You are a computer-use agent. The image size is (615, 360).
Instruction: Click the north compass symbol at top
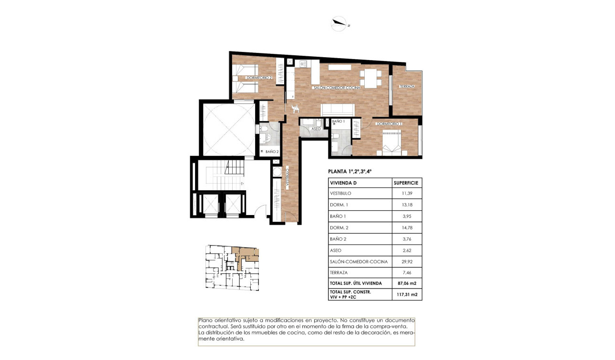click(x=339, y=23)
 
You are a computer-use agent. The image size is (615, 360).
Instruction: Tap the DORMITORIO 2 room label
click(x=259, y=78)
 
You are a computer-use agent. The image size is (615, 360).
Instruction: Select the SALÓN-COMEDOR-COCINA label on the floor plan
click(x=336, y=88)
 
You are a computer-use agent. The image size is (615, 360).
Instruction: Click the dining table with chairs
click(x=370, y=77)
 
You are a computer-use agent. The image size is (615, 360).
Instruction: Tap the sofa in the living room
click(x=338, y=110)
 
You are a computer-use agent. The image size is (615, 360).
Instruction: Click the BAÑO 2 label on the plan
click(x=272, y=152)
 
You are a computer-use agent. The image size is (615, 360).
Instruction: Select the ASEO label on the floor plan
click(x=316, y=129)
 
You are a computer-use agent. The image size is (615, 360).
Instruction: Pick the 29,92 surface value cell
click(x=406, y=262)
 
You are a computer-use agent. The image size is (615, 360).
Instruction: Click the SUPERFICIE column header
click(x=406, y=183)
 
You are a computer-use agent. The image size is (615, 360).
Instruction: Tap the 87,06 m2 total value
click(x=407, y=283)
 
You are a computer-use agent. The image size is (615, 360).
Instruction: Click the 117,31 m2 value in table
click(x=407, y=295)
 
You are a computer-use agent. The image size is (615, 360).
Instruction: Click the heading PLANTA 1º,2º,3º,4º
click(x=349, y=172)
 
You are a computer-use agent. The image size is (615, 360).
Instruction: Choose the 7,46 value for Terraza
click(x=406, y=273)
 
